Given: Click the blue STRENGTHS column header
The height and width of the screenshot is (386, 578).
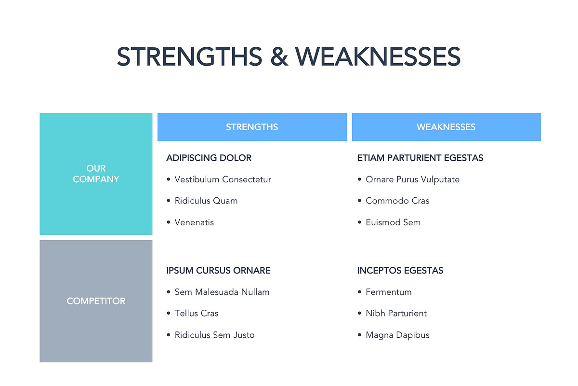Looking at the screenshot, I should tap(252, 127).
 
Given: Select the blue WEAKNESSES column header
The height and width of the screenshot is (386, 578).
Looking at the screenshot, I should tap(446, 127).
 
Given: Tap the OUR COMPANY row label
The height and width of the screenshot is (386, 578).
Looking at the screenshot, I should tap(96, 174).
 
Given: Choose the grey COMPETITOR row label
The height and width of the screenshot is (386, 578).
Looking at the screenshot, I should tap(96, 301).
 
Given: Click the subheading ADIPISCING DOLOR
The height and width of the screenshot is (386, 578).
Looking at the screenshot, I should tap(209, 158).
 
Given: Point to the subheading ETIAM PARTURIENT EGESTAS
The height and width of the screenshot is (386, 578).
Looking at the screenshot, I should tap(420, 158).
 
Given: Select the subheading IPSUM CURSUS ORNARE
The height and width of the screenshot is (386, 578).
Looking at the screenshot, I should tap(218, 270).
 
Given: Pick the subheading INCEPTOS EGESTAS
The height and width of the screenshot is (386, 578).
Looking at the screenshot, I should tap(400, 270).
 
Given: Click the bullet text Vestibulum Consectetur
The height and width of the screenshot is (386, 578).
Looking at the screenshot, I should tap(223, 179).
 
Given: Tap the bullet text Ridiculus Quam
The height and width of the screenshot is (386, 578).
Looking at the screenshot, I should tap(206, 201).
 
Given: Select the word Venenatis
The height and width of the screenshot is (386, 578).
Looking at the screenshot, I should tap(194, 222).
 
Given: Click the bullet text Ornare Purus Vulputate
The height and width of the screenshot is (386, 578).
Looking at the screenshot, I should tap(412, 179).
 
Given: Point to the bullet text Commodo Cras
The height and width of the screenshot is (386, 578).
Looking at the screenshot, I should tap(397, 201).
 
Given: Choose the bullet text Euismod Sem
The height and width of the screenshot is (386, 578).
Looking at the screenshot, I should tap(393, 222).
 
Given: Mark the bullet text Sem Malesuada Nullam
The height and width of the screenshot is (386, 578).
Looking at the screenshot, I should tap(222, 292).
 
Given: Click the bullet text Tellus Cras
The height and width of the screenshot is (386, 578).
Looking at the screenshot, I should tap(197, 313).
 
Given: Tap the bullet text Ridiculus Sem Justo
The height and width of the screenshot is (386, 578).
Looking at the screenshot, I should tap(214, 335).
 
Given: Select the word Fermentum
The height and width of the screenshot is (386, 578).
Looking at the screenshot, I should tap(389, 292).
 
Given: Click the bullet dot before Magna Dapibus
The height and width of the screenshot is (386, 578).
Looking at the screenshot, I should tap(360, 335).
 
